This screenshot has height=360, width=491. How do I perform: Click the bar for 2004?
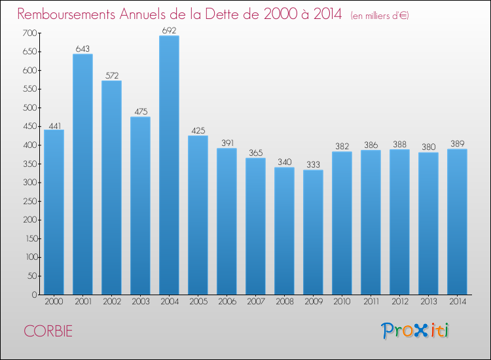pos(169,165)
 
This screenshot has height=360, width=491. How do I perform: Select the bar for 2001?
pos(82,174)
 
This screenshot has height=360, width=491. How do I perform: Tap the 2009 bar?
pos(313,232)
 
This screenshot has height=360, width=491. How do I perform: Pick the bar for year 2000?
pos(54,212)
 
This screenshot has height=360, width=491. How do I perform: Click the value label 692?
pos(169,30)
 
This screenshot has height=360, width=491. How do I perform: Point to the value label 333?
pos(313,165)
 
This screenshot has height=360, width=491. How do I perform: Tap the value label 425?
pos(198,130)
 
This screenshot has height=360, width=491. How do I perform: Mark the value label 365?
pos(255,153)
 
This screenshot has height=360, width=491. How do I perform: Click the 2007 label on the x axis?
pos(255,302)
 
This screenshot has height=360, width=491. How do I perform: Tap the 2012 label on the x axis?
pos(399,302)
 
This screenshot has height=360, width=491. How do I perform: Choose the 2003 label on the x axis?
pos(140,302)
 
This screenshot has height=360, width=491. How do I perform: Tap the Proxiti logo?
pos(414,331)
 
